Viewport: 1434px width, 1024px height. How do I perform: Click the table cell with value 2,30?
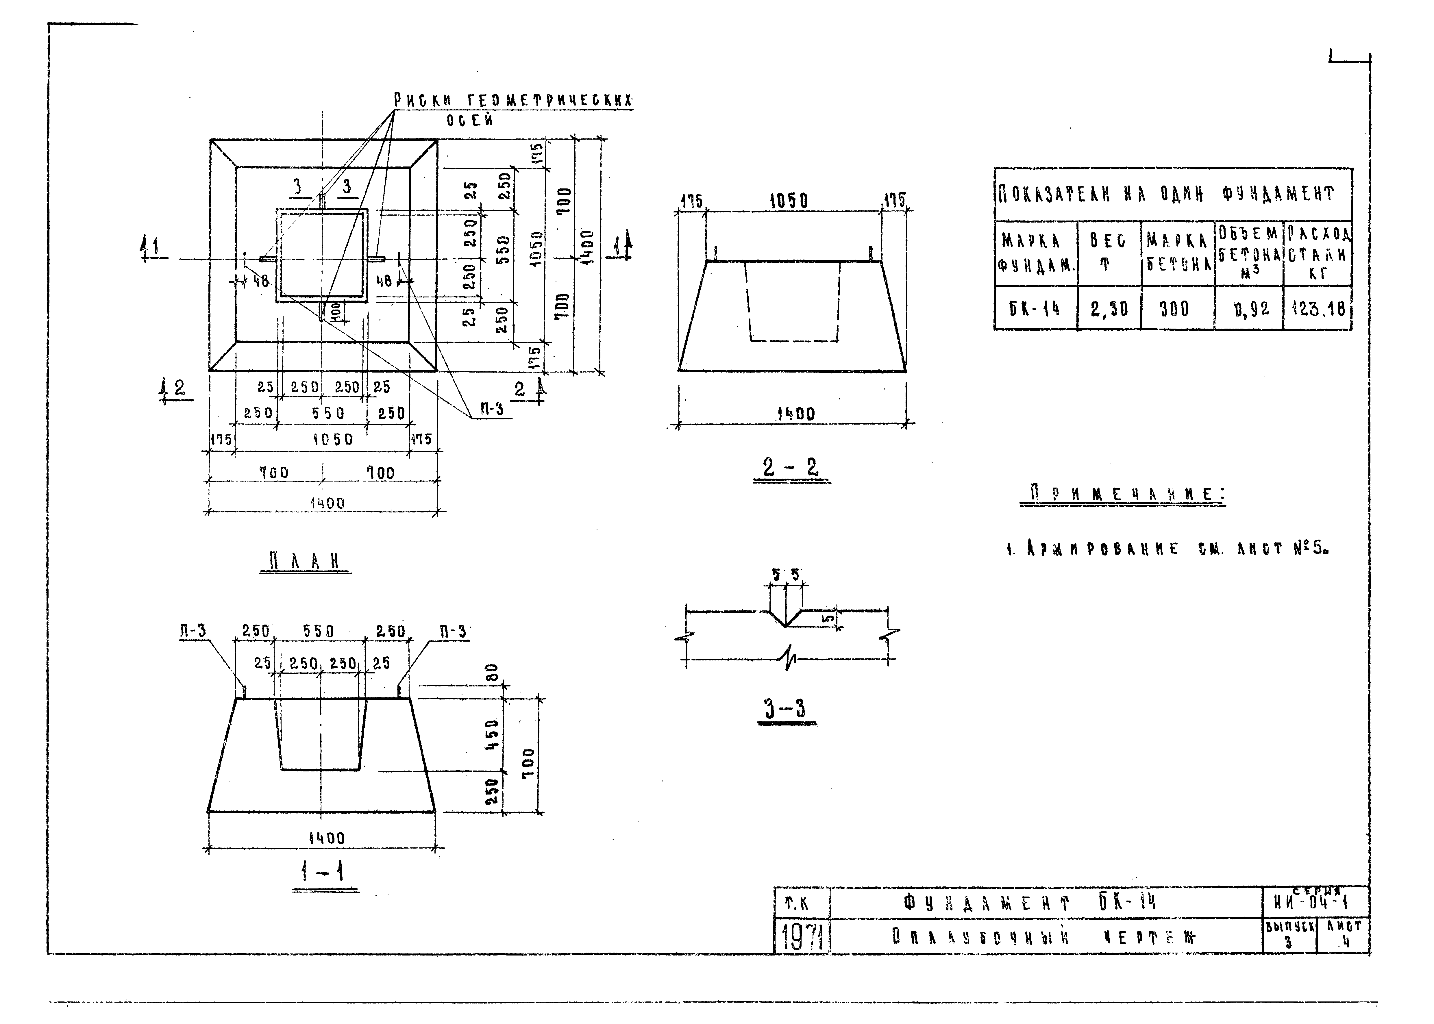click(x=1109, y=309)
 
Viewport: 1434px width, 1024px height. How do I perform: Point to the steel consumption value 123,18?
click(x=1318, y=309)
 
